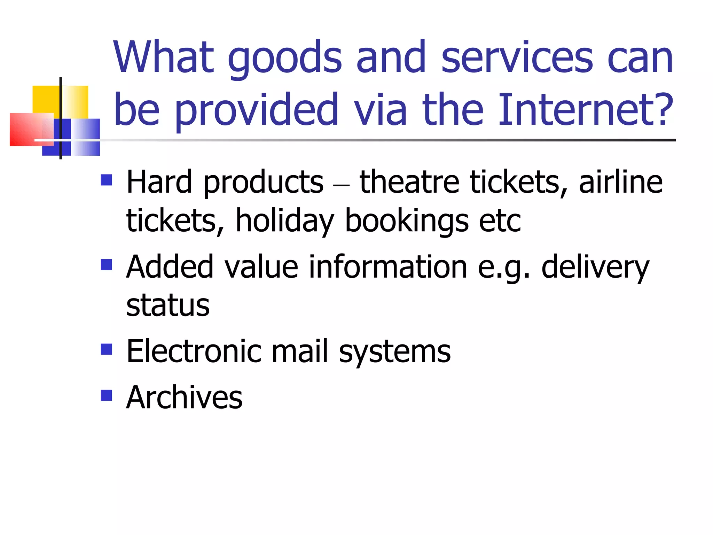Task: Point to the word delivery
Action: tap(595, 267)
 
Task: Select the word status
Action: tap(168, 305)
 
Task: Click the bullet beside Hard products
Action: tap(106, 180)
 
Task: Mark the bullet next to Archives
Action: tap(106, 395)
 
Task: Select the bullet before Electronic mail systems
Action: tap(106, 349)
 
